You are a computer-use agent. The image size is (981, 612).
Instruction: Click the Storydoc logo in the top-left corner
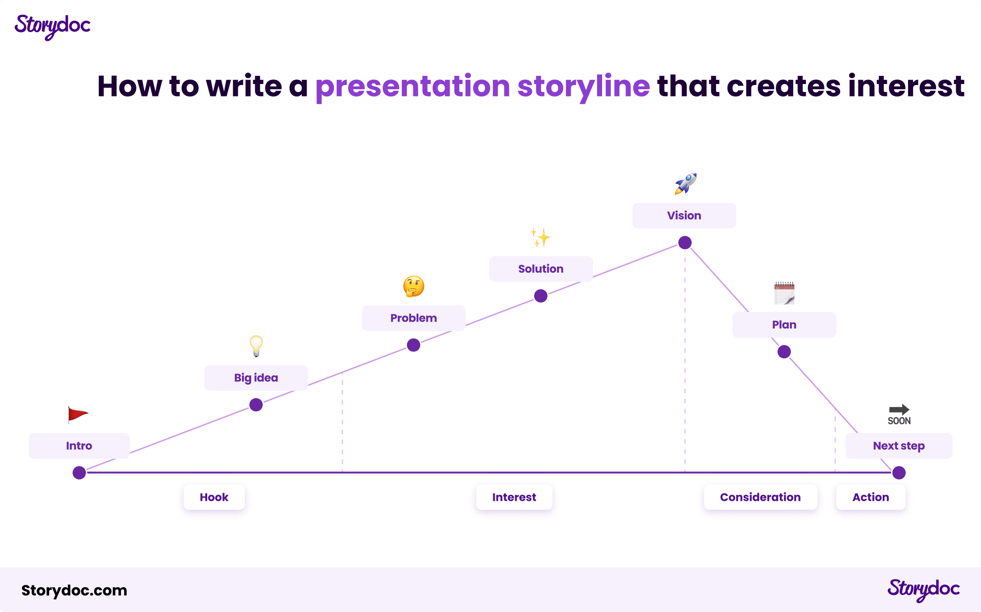[x=52, y=27]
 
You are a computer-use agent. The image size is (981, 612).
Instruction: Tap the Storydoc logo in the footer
[x=923, y=589]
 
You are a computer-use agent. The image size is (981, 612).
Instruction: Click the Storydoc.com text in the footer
[x=74, y=590]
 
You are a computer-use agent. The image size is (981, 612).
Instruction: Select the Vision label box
[x=684, y=215]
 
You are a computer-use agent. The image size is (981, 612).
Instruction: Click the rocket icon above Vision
[x=685, y=184]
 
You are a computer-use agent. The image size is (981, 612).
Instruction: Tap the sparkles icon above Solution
[x=541, y=237]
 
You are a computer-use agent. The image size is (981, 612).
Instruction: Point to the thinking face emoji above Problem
[x=413, y=286]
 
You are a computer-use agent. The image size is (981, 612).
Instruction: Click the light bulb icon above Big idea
[x=256, y=346]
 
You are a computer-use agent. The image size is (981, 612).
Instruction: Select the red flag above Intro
[x=77, y=414]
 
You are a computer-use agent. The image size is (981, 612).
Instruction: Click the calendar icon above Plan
[x=784, y=293]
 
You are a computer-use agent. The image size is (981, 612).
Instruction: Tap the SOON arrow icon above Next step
[x=899, y=414]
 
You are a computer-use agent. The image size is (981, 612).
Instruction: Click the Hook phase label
[x=214, y=497]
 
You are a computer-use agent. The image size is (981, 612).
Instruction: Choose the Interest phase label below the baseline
[x=514, y=497]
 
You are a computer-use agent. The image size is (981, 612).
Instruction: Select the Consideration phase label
[x=760, y=497]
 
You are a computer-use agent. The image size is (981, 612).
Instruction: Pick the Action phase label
[x=871, y=497]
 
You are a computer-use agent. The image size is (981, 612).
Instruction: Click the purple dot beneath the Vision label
[x=685, y=243]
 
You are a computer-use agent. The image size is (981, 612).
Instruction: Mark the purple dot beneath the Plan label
[x=784, y=352]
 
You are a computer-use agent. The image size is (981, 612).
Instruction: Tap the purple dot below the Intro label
[x=79, y=473]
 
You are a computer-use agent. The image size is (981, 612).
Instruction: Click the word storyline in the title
[x=584, y=86]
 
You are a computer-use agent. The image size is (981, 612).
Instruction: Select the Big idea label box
[x=256, y=378]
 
